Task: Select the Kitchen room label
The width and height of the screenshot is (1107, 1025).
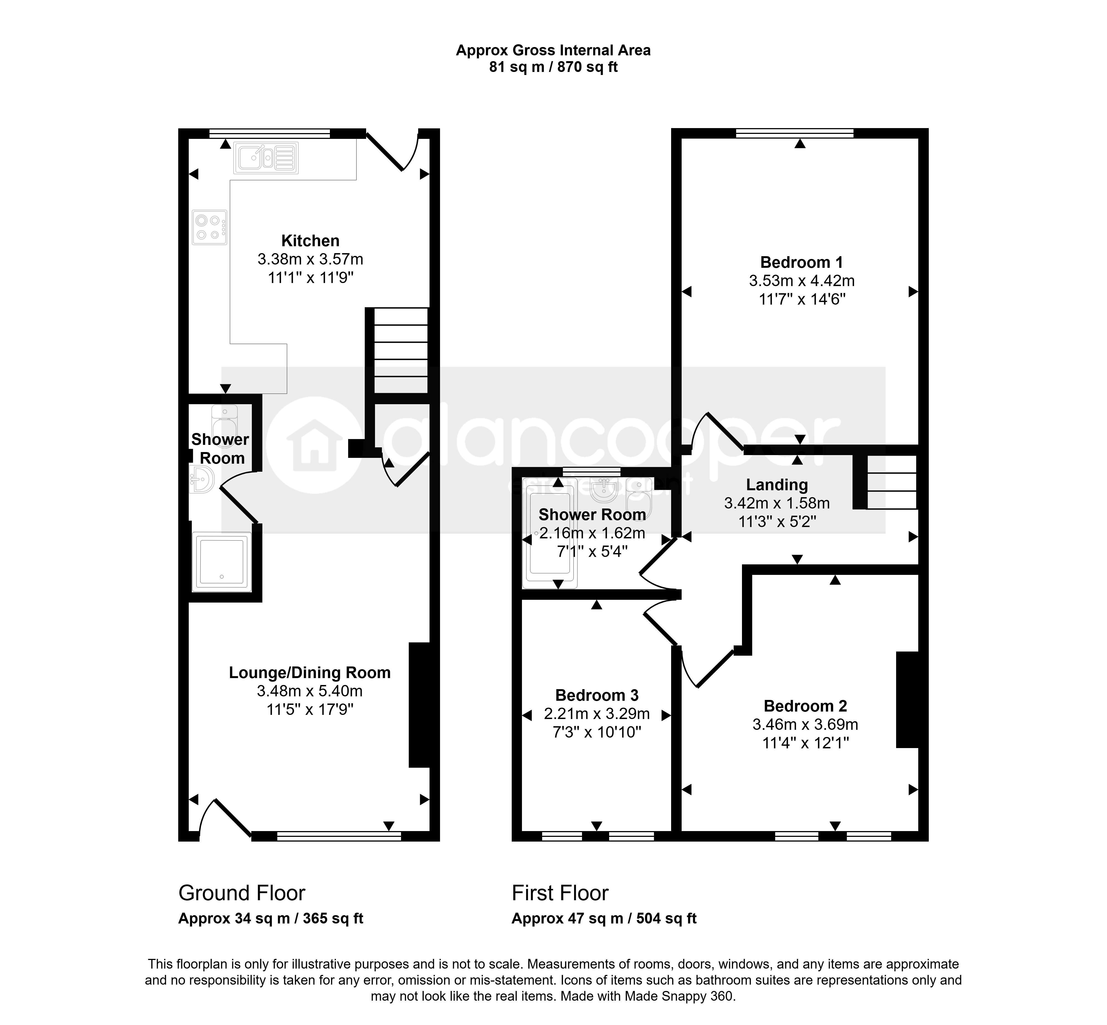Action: (x=310, y=241)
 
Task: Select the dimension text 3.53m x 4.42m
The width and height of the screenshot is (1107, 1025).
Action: (x=802, y=281)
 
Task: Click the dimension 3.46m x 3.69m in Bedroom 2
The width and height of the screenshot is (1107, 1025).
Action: (x=805, y=724)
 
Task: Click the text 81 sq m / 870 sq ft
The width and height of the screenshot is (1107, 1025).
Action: (x=553, y=67)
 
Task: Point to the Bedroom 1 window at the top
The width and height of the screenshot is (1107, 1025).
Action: (x=795, y=133)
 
